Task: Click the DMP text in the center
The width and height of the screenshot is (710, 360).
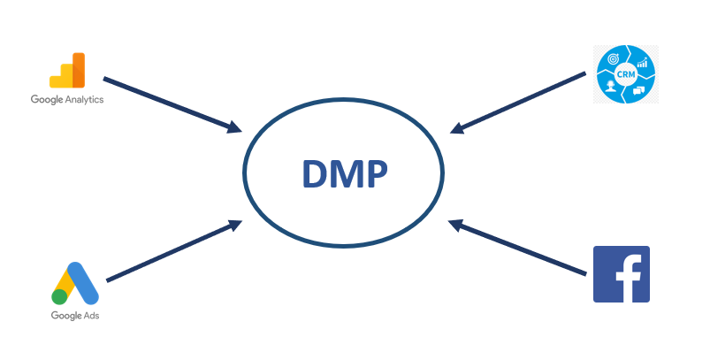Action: [x=344, y=174]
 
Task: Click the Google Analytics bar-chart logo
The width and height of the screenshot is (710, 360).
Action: [x=67, y=71]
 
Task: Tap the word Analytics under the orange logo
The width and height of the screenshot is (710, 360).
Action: [x=83, y=100]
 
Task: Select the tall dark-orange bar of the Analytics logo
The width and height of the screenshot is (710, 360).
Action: [x=79, y=70]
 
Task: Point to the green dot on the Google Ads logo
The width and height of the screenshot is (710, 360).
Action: [x=60, y=296]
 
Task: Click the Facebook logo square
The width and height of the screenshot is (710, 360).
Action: [x=621, y=274]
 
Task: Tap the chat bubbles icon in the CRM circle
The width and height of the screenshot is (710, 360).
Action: [x=637, y=88]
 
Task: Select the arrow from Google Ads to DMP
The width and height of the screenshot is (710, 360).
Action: [x=172, y=252]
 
